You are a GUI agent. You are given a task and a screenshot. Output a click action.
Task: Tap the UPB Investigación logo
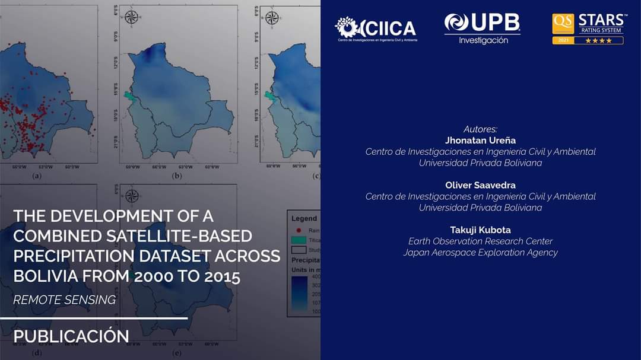[x=483, y=28]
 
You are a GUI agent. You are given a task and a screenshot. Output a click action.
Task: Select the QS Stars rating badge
[x=588, y=28]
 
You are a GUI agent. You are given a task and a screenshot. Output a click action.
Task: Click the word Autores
[x=480, y=129]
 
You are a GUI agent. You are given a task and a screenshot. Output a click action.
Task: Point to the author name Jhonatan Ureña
[x=480, y=140]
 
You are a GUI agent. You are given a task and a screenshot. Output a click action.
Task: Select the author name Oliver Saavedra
[x=480, y=185]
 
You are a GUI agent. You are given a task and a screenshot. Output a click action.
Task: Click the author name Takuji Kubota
[x=480, y=230]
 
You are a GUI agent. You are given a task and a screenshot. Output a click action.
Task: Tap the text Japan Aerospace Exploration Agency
[x=480, y=253]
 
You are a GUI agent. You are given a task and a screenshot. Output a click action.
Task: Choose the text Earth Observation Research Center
[x=480, y=241]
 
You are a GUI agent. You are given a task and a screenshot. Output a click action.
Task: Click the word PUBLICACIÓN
[x=71, y=336]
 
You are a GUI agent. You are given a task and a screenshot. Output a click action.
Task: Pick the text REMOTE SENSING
[x=64, y=300]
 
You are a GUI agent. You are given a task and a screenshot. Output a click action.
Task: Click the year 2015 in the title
[x=219, y=276]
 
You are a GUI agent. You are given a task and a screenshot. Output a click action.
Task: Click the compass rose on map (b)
[x=132, y=17]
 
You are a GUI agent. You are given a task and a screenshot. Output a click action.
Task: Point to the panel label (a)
[x=36, y=176]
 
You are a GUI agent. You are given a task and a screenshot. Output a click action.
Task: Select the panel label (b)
[x=176, y=176]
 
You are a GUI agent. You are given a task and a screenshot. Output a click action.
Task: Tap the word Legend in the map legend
[x=304, y=218]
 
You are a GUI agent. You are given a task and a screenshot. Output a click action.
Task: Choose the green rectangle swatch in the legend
[x=299, y=240]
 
